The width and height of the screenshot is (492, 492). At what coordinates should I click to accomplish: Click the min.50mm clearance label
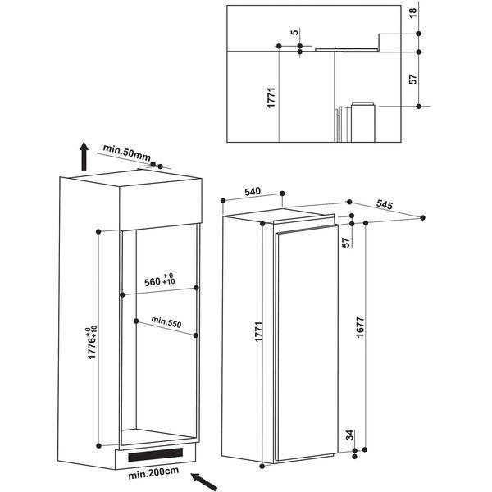click(127, 152)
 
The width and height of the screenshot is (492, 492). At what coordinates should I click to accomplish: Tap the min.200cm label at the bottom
click(153, 473)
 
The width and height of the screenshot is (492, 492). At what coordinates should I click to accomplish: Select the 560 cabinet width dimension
click(159, 280)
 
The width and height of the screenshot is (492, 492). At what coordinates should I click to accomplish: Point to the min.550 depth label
click(166, 321)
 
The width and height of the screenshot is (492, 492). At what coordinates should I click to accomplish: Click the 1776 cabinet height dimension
click(92, 343)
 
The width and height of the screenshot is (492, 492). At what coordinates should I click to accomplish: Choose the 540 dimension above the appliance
click(253, 191)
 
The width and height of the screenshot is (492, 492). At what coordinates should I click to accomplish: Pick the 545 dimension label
click(385, 204)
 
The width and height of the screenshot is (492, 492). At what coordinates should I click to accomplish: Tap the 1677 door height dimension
click(360, 327)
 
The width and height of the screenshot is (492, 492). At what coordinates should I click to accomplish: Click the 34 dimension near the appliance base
click(349, 435)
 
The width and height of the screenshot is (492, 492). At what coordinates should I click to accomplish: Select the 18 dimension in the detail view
click(413, 12)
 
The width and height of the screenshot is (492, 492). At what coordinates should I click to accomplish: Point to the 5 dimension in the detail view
click(294, 32)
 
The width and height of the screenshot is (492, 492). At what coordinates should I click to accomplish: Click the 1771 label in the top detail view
click(271, 98)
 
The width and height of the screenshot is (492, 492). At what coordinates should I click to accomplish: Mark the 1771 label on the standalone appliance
click(258, 331)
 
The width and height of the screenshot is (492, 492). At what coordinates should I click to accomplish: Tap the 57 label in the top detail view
click(413, 79)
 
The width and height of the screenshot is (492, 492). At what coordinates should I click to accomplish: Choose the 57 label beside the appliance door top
click(346, 242)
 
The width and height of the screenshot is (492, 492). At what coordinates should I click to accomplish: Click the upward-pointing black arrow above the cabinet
click(84, 156)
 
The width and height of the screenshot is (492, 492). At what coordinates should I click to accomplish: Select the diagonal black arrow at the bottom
click(204, 482)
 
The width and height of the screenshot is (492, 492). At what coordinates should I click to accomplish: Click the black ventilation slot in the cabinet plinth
click(155, 454)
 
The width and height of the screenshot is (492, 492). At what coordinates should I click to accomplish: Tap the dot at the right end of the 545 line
click(422, 217)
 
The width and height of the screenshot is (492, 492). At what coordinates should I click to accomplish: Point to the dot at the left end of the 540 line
click(223, 201)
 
